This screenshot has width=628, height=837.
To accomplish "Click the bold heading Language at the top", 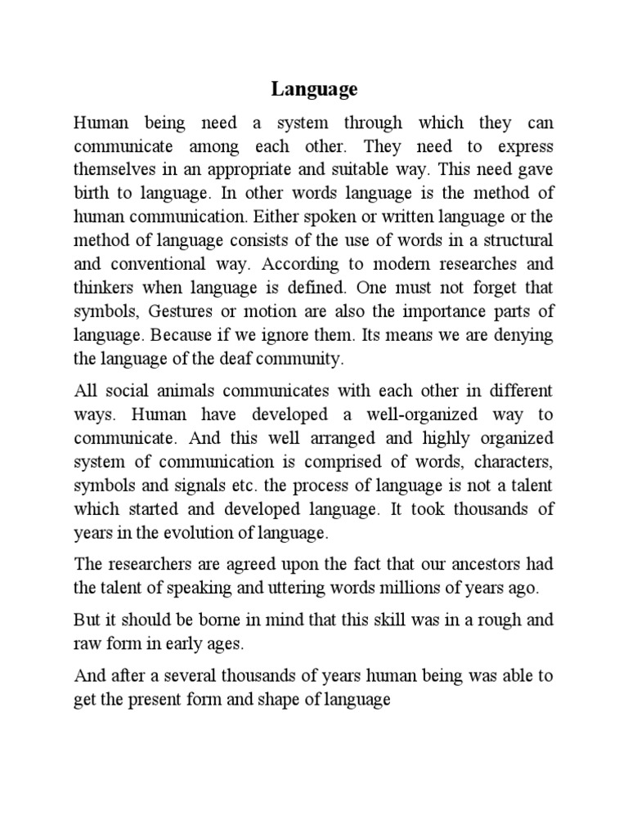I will pyautogui.click(x=315, y=89).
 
